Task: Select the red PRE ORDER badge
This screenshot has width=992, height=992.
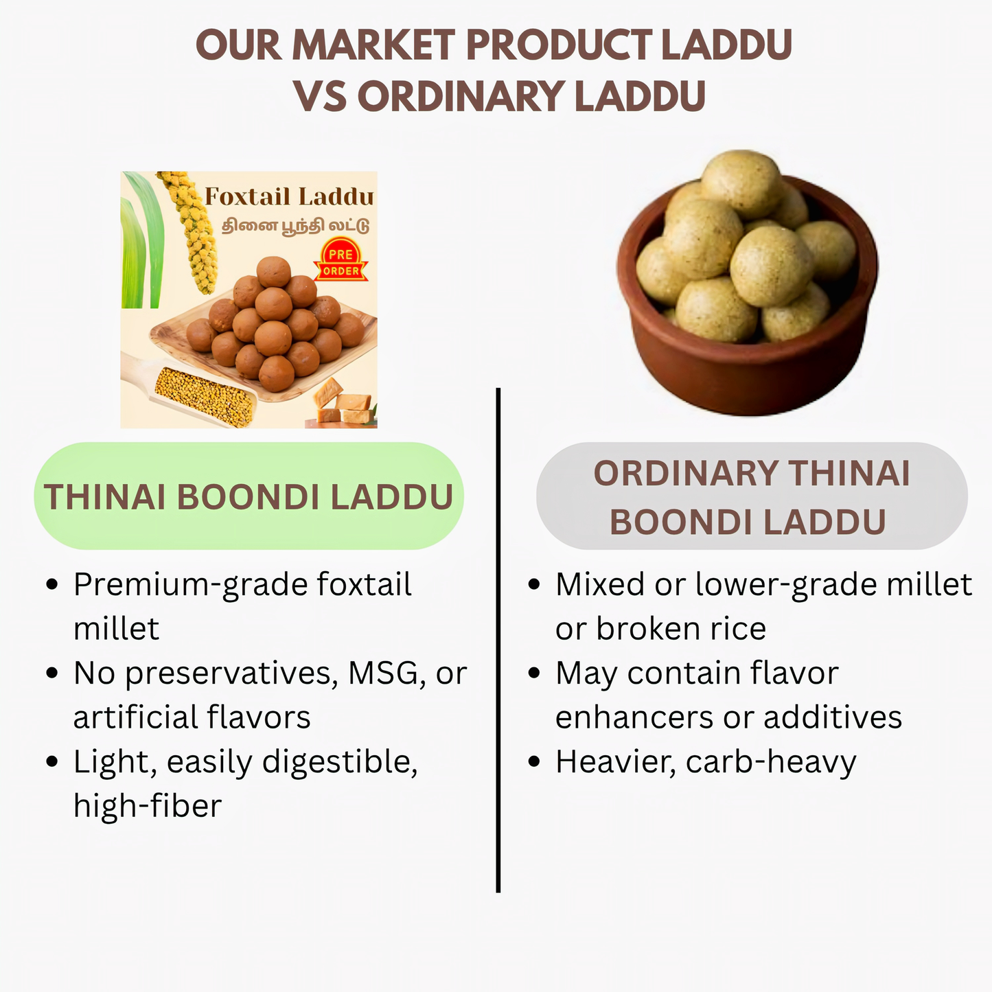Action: [x=341, y=262]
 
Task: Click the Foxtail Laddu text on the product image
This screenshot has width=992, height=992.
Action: [x=289, y=197]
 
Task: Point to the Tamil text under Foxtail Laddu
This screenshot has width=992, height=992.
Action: [x=295, y=226]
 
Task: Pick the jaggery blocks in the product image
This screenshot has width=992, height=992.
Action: [x=343, y=405]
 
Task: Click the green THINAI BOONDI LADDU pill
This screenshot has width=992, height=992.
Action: [x=249, y=496]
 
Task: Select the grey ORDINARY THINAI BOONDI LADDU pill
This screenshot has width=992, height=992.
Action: [x=752, y=496]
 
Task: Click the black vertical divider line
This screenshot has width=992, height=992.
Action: [x=498, y=638]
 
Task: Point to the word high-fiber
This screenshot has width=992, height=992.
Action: [x=148, y=806]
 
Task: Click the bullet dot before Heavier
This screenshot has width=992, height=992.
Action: [x=534, y=763]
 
